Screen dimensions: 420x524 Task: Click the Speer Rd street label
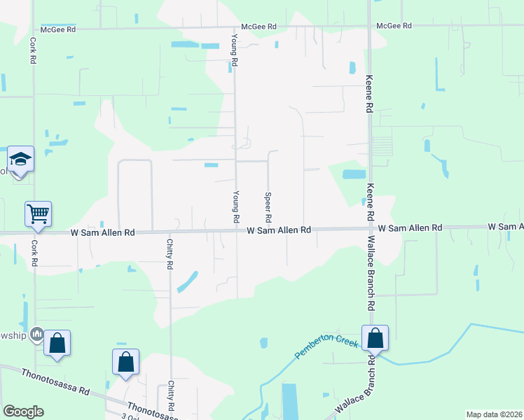pos(268,204)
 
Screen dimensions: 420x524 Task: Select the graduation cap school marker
pos(21,160)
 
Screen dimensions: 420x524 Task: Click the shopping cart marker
pos(39,213)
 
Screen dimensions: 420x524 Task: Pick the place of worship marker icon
pos(37,334)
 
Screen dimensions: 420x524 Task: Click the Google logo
pos(23,412)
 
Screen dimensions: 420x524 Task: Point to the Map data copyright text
pos(495,414)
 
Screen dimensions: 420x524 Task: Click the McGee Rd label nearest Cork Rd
pos(57,29)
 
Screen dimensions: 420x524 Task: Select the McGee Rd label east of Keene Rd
pos(394,26)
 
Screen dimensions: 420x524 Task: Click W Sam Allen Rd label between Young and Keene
pos(279,230)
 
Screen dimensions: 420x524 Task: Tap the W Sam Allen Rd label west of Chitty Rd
pos(102,232)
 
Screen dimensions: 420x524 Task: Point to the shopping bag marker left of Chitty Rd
pos(125,361)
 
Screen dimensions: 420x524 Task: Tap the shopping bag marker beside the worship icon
pos(57,343)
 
